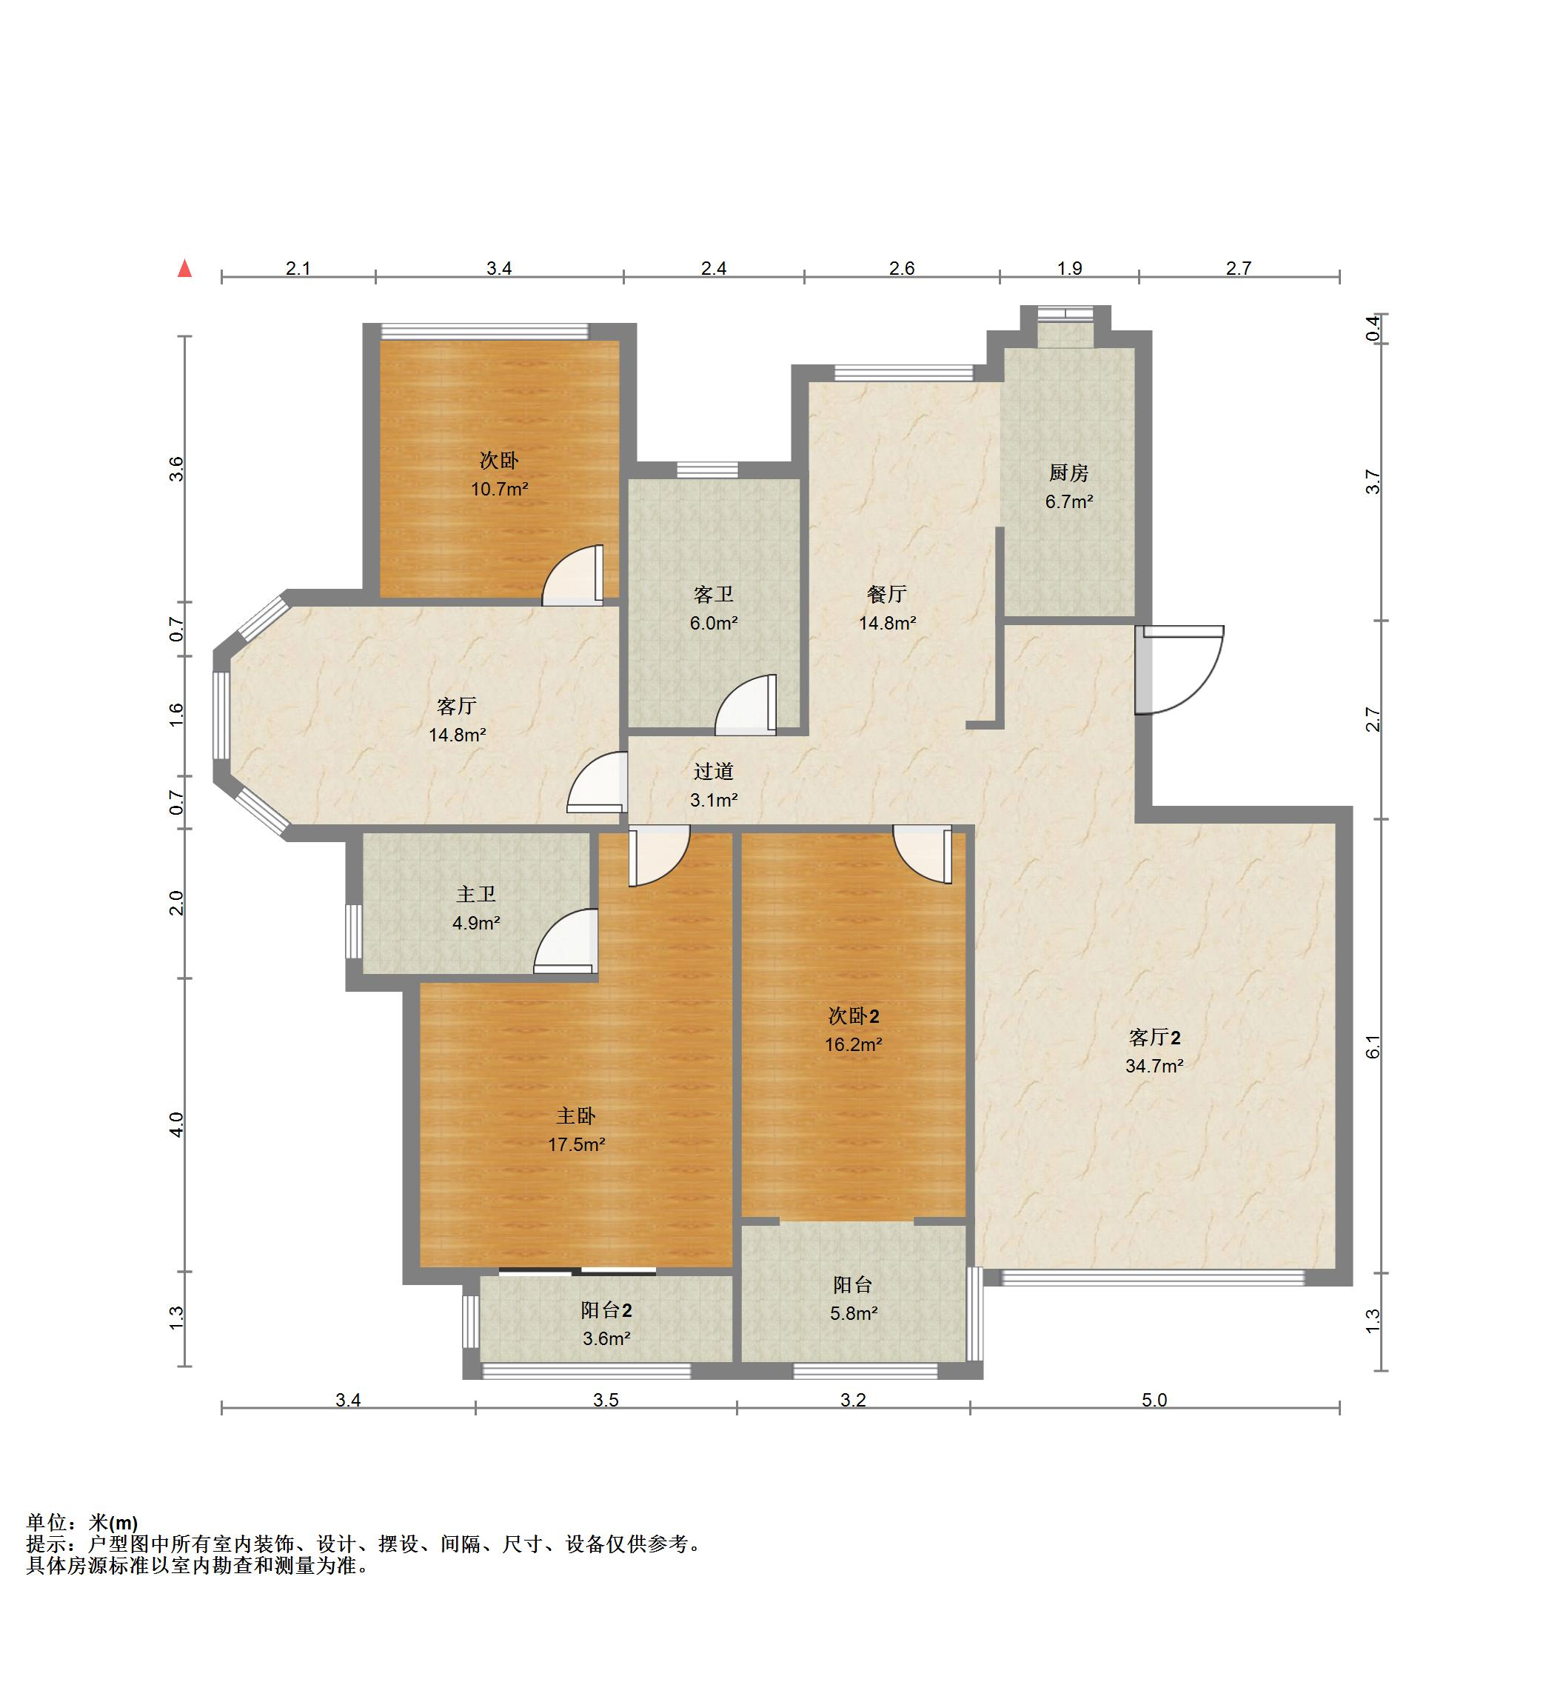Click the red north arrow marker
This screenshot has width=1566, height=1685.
[x=184, y=269]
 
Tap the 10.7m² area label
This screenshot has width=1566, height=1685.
[x=500, y=489]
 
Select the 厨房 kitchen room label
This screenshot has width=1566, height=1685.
[x=1068, y=473]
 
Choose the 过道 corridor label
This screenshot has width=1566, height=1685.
[x=714, y=771]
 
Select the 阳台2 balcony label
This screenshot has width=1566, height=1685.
[x=606, y=1310]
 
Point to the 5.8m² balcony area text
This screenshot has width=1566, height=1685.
[x=853, y=1314]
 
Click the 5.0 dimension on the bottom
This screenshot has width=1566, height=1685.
[x=1154, y=1400]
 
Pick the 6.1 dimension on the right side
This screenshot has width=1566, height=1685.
[x=1373, y=1047]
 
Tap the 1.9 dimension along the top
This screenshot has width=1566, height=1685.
[x=1069, y=269]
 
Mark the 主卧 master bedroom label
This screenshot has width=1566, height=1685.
[x=576, y=1116]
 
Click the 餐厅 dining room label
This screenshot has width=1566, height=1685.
[x=887, y=594]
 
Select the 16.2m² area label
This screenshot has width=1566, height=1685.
[x=853, y=1045]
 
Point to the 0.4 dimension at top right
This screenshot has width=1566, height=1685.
[x=1373, y=328]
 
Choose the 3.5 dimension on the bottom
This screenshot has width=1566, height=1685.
[x=606, y=1400]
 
